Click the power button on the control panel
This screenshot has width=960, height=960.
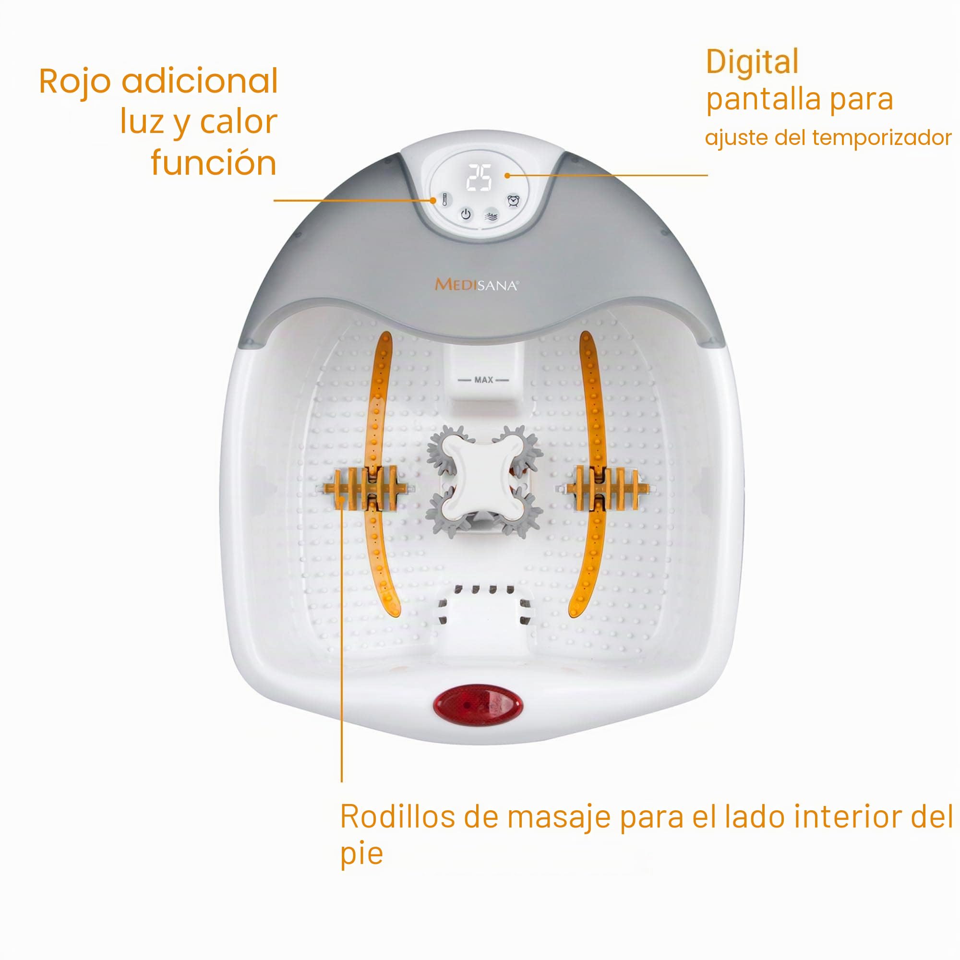click(466, 214)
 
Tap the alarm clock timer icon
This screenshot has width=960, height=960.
click(513, 201)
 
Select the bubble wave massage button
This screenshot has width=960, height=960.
click(491, 216)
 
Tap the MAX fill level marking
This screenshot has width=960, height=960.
click(483, 380)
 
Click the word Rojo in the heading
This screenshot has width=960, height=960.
click(74, 83)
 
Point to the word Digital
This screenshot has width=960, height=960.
click(752, 62)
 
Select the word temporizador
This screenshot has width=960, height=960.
click(882, 138)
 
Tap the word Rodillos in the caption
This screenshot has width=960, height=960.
click(397, 816)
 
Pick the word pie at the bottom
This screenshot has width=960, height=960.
click(362, 855)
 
